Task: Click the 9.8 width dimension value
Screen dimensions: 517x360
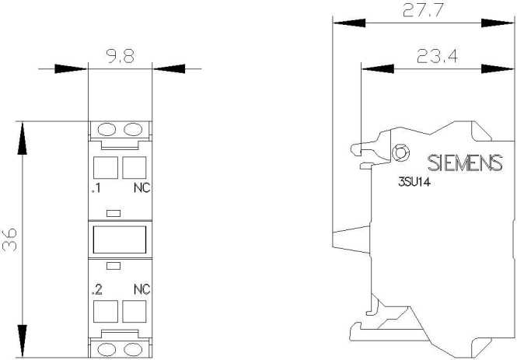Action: (x=121, y=56)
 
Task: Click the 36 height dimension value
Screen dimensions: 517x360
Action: (x=9, y=239)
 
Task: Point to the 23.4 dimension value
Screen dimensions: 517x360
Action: (x=437, y=56)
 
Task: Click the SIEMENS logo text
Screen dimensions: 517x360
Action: (x=465, y=163)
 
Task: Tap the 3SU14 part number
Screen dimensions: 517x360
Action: (x=414, y=182)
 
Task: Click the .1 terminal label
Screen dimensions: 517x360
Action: (x=96, y=188)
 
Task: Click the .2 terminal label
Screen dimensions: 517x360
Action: (x=97, y=289)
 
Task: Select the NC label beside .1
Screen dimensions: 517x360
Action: (x=142, y=188)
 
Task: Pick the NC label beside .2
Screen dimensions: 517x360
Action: (x=142, y=289)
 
